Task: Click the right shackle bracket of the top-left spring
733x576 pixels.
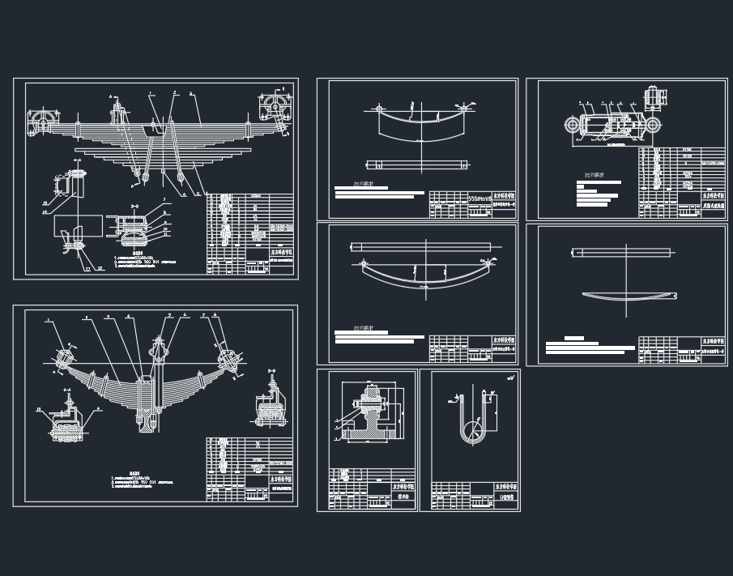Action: click(x=275, y=107)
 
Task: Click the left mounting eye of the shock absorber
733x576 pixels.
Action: click(x=573, y=125)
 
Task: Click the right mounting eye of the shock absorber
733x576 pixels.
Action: click(x=653, y=125)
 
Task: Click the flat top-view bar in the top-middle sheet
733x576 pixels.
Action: click(x=417, y=165)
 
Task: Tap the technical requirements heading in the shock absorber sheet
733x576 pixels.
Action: click(x=598, y=175)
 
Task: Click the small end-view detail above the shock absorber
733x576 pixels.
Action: click(x=654, y=97)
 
